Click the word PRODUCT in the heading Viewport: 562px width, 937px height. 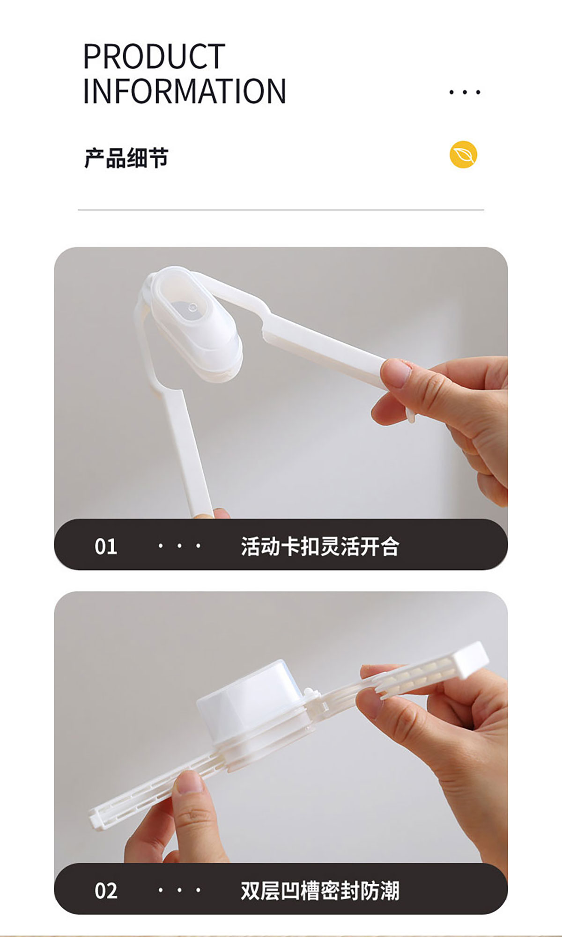(x=154, y=57)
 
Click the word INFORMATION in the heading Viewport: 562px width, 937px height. (x=185, y=91)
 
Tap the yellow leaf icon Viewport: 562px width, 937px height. (x=463, y=154)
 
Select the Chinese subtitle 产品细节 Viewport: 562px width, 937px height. (x=126, y=158)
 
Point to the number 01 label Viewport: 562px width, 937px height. (x=106, y=546)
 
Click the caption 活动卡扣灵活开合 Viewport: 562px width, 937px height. (x=320, y=546)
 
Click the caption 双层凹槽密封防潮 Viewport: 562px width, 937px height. (x=320, y=891)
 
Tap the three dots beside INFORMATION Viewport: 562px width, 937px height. (x=465, y=92)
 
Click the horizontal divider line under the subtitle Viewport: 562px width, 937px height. (x=281, y=210)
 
